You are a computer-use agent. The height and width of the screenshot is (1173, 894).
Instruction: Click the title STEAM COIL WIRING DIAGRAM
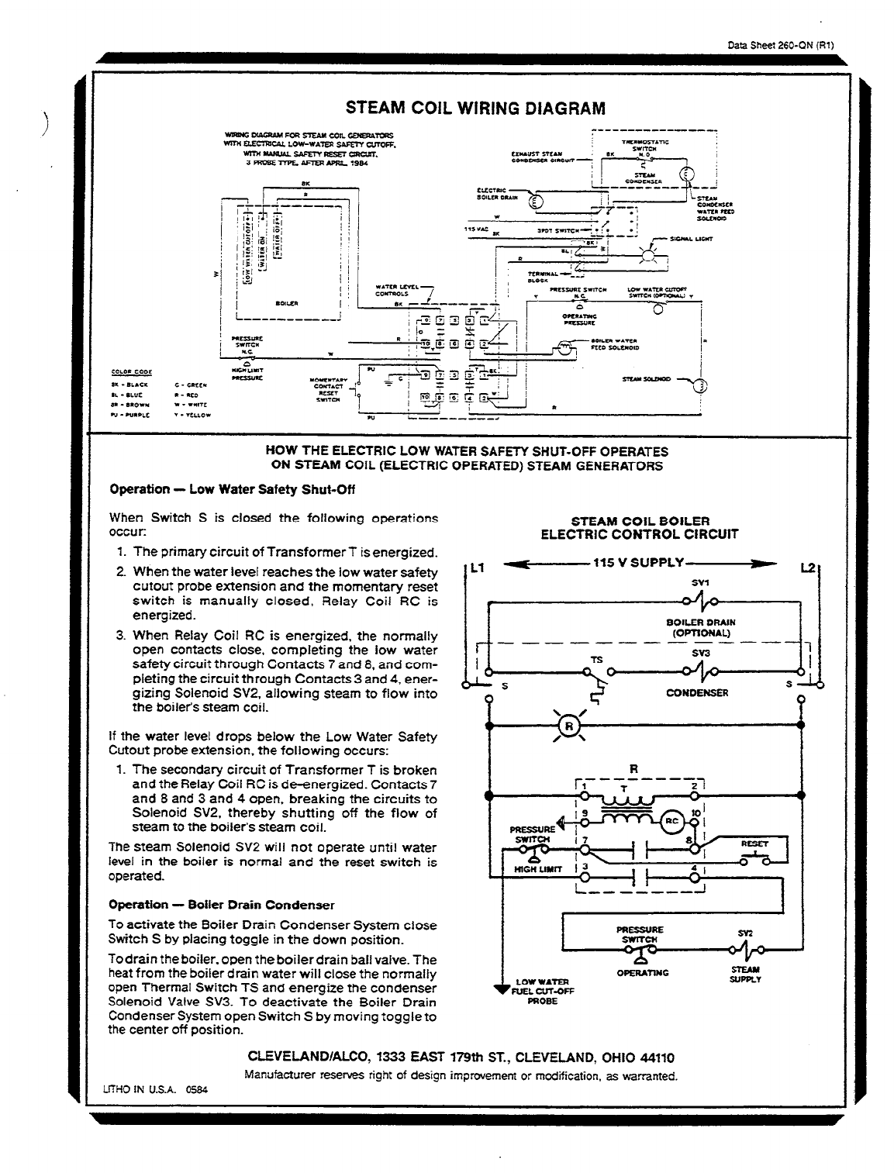pos(475,108)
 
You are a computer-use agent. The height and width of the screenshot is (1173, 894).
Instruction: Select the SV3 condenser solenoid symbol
pos(700,671)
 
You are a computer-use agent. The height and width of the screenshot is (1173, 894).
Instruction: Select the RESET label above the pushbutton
pos(754,843)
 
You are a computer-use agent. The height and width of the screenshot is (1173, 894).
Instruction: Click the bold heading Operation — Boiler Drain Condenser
pos(222,905)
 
